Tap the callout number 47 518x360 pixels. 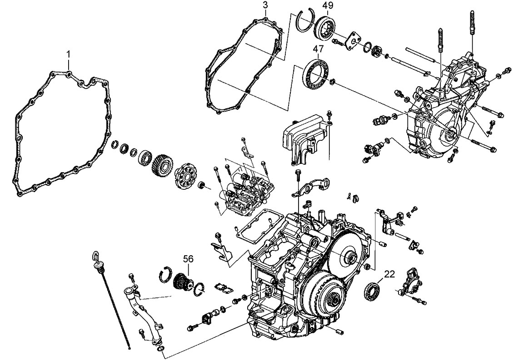tap(318, 49)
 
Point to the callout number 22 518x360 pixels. tap(389, 274)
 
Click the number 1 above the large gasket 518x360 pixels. tap(69, 54)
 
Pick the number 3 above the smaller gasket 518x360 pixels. tap(265, 5)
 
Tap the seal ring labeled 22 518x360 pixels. tap(373, 291)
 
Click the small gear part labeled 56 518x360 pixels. tap(184, 282)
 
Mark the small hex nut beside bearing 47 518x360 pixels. tap(332, 82)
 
